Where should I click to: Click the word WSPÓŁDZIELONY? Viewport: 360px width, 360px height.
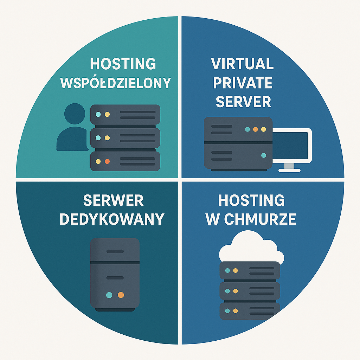click(x=116, y=83)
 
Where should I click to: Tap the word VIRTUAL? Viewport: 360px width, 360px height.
click(x=243, y=64)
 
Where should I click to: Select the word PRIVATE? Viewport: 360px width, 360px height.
click(x=243, y=83)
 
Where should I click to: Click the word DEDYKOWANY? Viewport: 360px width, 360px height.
click(x=112, y=219)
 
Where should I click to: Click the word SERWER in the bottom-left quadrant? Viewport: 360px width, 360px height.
click(x=113, y=200)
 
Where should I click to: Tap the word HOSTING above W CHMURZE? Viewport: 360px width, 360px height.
click(x=251, y=200)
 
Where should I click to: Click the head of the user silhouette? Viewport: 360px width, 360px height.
click(x=75, y=114)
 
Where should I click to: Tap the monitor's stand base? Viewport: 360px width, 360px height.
click(x=289, y=170)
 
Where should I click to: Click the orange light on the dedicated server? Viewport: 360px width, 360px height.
click(x=121, y=295)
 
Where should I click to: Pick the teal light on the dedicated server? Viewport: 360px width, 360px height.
click(x=109, y=295)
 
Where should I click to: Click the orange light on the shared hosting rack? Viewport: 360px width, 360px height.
click(x=107, y=161)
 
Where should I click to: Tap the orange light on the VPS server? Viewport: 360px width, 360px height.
click(x=256, y=129)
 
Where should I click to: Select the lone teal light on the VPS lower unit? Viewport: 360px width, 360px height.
click(x=264, y=155)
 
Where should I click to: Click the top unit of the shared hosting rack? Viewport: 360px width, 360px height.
click(x=125, y=115)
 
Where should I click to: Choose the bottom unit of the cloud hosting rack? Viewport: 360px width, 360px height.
click(x=250, y=311)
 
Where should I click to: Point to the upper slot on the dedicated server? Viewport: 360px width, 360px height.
click(x=115, y=251)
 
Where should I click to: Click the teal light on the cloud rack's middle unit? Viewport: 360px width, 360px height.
click(x=227, y=291)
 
